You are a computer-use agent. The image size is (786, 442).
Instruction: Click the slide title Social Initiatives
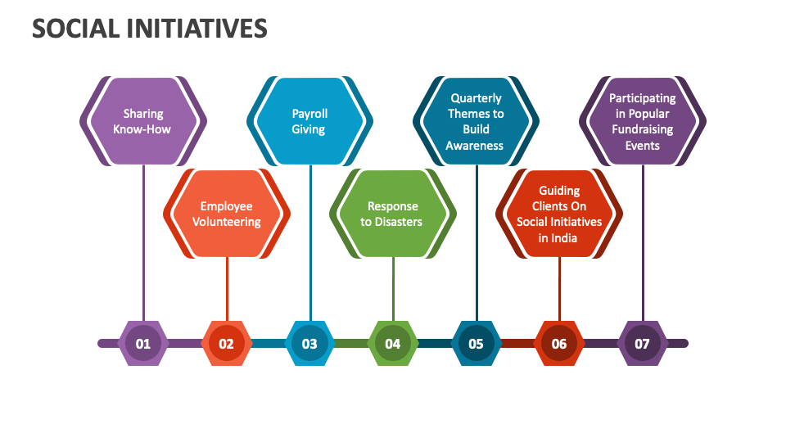click(150, 29)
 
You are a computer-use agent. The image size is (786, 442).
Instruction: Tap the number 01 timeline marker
click(143, 343)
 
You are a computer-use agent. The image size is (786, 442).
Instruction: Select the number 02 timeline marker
click(227, 343)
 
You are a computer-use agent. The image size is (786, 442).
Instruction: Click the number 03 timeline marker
click(309, 343)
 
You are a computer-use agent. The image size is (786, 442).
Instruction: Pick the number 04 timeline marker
click(393, 343)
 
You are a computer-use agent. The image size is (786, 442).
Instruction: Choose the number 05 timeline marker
click(476, 343)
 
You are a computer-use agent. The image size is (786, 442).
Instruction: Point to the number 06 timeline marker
click(559, 343)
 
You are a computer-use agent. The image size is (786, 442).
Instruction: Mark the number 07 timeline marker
click(642, 343)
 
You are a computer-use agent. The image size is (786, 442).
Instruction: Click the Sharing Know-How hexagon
click(143, 121)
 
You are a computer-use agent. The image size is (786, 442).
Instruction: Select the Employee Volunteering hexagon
click(227, 214)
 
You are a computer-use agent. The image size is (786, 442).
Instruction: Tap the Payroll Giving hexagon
click(309, 121)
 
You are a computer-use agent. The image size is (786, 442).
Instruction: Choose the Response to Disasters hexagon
click(393, 214)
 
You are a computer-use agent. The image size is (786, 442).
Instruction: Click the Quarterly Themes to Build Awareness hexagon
click(476, 121)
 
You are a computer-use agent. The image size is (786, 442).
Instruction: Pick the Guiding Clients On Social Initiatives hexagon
click(559, 214)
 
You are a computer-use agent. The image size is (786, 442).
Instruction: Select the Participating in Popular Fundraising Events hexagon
click(642, 121)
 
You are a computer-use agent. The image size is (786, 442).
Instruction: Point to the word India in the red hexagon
click(563, 238)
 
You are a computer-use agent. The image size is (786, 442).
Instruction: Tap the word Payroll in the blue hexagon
click(309, 114)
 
